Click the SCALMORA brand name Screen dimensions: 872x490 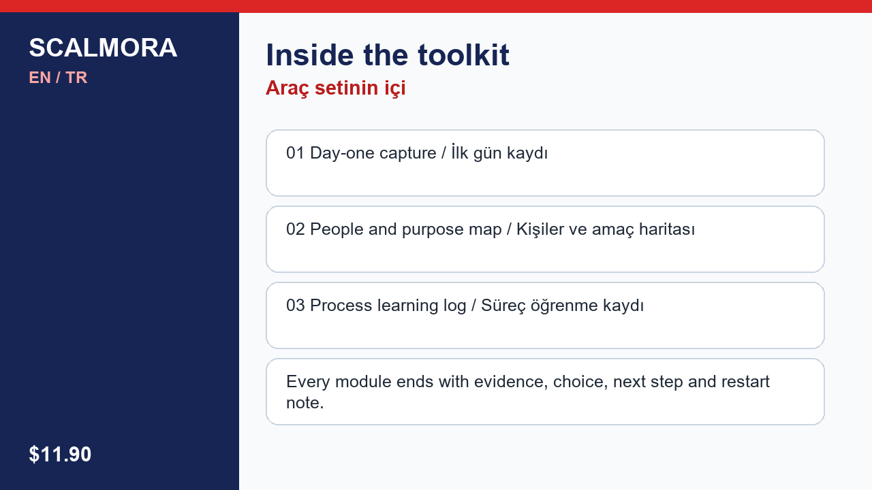103,48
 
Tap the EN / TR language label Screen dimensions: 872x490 58,78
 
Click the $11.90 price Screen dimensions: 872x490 60,454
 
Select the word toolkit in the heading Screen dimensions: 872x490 464,55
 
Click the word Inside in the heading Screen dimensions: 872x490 310,55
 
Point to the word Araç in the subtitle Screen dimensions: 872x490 287,88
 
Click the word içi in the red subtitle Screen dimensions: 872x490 395,88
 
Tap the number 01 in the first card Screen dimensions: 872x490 295,153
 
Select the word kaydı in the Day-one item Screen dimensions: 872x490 527,154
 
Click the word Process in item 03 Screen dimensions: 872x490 341,306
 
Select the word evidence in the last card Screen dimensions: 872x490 511,382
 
